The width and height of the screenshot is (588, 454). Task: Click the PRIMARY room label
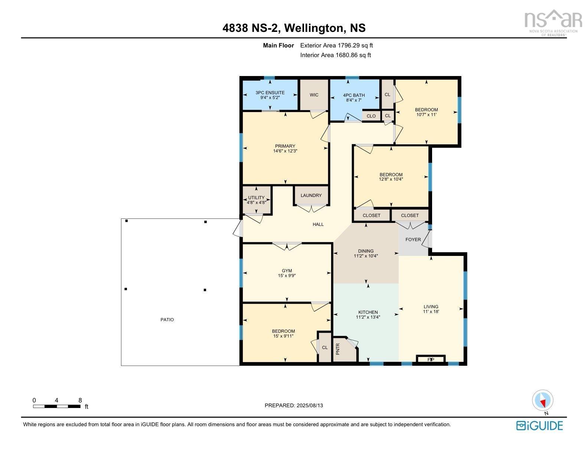click(x=285, y=146)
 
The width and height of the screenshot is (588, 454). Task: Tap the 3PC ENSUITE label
click(x=270, y=93)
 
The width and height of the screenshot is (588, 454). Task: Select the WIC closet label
click(x=314, y=95)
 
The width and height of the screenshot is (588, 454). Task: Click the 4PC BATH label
click(x=354, y=95)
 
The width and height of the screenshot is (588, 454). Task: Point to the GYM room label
click(x=287, y=271)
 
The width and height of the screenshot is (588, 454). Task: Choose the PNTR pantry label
click(x=338, y=349)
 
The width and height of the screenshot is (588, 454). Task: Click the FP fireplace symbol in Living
click(x=431, y=359)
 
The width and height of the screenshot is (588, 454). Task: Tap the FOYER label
click(x=413, y=240)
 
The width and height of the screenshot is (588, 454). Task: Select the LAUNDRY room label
click(x=311, y=195)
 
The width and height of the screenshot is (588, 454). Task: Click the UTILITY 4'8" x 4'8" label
click(x=257, y=200)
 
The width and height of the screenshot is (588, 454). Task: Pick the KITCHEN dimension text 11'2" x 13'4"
click(x=368, y=317)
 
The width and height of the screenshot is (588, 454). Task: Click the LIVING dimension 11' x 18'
click(x=431, y=312)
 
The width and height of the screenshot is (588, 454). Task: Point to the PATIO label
click(x=167, y=320)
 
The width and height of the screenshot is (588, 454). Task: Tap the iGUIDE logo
click(x=539, y=425)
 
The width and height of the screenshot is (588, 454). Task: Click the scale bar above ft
click(x=56, y=407)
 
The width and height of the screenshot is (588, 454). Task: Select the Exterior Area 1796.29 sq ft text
click(x=336, y=46)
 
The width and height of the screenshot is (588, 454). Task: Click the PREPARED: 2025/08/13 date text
click(x=294, y=405)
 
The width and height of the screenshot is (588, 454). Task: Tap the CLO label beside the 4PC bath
click(x=371, y=116)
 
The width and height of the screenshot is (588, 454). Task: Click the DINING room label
click(x=366, y=251)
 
